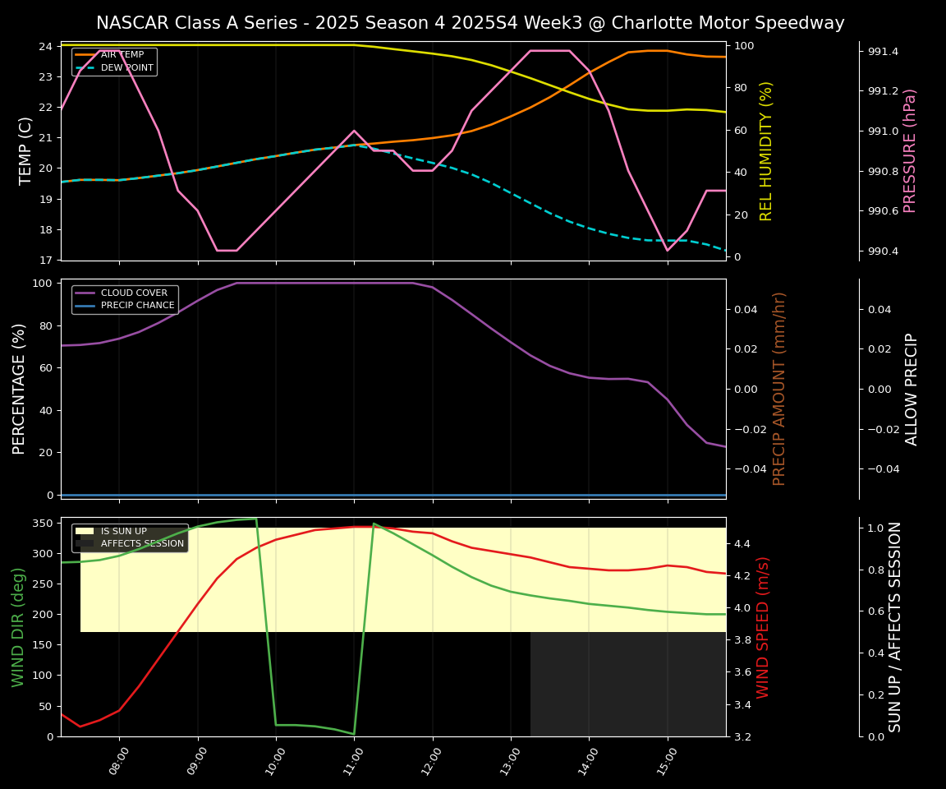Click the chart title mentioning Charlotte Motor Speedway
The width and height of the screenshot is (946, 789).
click(470, 23)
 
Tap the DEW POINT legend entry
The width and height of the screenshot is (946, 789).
click(126, 68)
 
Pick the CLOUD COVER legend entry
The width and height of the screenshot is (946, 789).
click(134, 293)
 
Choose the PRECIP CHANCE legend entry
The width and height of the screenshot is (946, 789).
click(137, 306)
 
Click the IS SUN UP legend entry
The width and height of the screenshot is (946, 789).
click(123, 531)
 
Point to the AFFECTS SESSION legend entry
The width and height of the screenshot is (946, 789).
click(142, 544)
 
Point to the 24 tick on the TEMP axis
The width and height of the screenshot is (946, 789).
click(45, 46)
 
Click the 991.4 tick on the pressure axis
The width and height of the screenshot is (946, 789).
click(883, 52)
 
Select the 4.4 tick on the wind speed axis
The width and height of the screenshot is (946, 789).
click(742, 543)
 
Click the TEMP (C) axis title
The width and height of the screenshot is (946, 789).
click(25, 150)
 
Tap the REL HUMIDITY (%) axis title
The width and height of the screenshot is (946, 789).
click(766, 150)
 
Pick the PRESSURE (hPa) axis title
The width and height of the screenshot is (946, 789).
click(910, 150)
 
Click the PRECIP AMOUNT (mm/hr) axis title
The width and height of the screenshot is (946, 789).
click(779, 388)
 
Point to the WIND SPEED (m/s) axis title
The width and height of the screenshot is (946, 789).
click(763, 626)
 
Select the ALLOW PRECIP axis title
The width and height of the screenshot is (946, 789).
click(912, 389)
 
